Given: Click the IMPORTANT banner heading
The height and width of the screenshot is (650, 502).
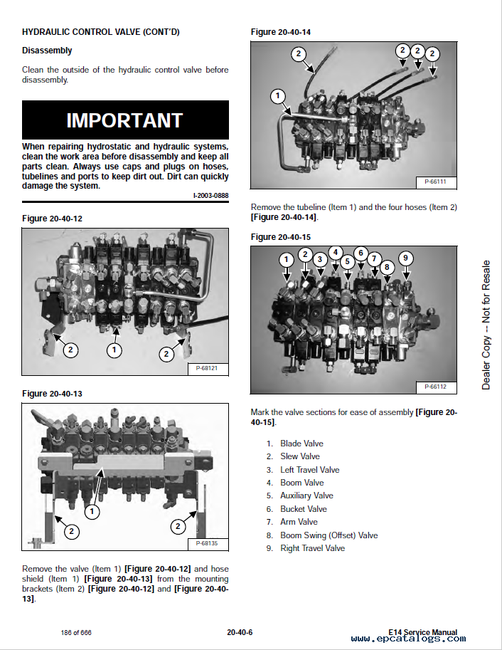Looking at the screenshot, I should coord(125,120).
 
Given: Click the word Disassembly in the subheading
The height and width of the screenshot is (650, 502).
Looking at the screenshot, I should coord(47,51).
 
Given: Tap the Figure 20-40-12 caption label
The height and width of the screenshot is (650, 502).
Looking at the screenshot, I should coord(52,219).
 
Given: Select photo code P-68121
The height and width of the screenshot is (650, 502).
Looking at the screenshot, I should coord(207,368).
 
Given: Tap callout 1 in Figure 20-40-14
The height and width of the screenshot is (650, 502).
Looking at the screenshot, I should coord(278,96).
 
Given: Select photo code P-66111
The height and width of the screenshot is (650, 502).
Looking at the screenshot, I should coord(435,182).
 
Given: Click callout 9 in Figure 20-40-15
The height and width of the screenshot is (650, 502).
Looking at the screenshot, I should coord(405,258).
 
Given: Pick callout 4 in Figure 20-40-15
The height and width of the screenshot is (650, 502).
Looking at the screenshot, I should coord(336,251).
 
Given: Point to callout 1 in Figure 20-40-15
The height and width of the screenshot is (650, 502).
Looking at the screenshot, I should coord(285,260).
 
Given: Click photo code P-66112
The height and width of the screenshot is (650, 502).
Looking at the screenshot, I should coord(435,387).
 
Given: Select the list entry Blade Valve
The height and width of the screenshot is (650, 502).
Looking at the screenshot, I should coord(301,444).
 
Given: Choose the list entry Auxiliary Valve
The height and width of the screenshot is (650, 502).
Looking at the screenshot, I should coord(306,496).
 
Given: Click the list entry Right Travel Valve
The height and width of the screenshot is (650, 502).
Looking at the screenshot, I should coord(312,548).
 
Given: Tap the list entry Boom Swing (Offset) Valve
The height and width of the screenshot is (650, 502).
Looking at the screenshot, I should coord(329,535).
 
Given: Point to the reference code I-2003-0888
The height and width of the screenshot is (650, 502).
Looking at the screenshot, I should coord(210,196).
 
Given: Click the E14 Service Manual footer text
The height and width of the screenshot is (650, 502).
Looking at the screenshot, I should coord(423,632).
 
